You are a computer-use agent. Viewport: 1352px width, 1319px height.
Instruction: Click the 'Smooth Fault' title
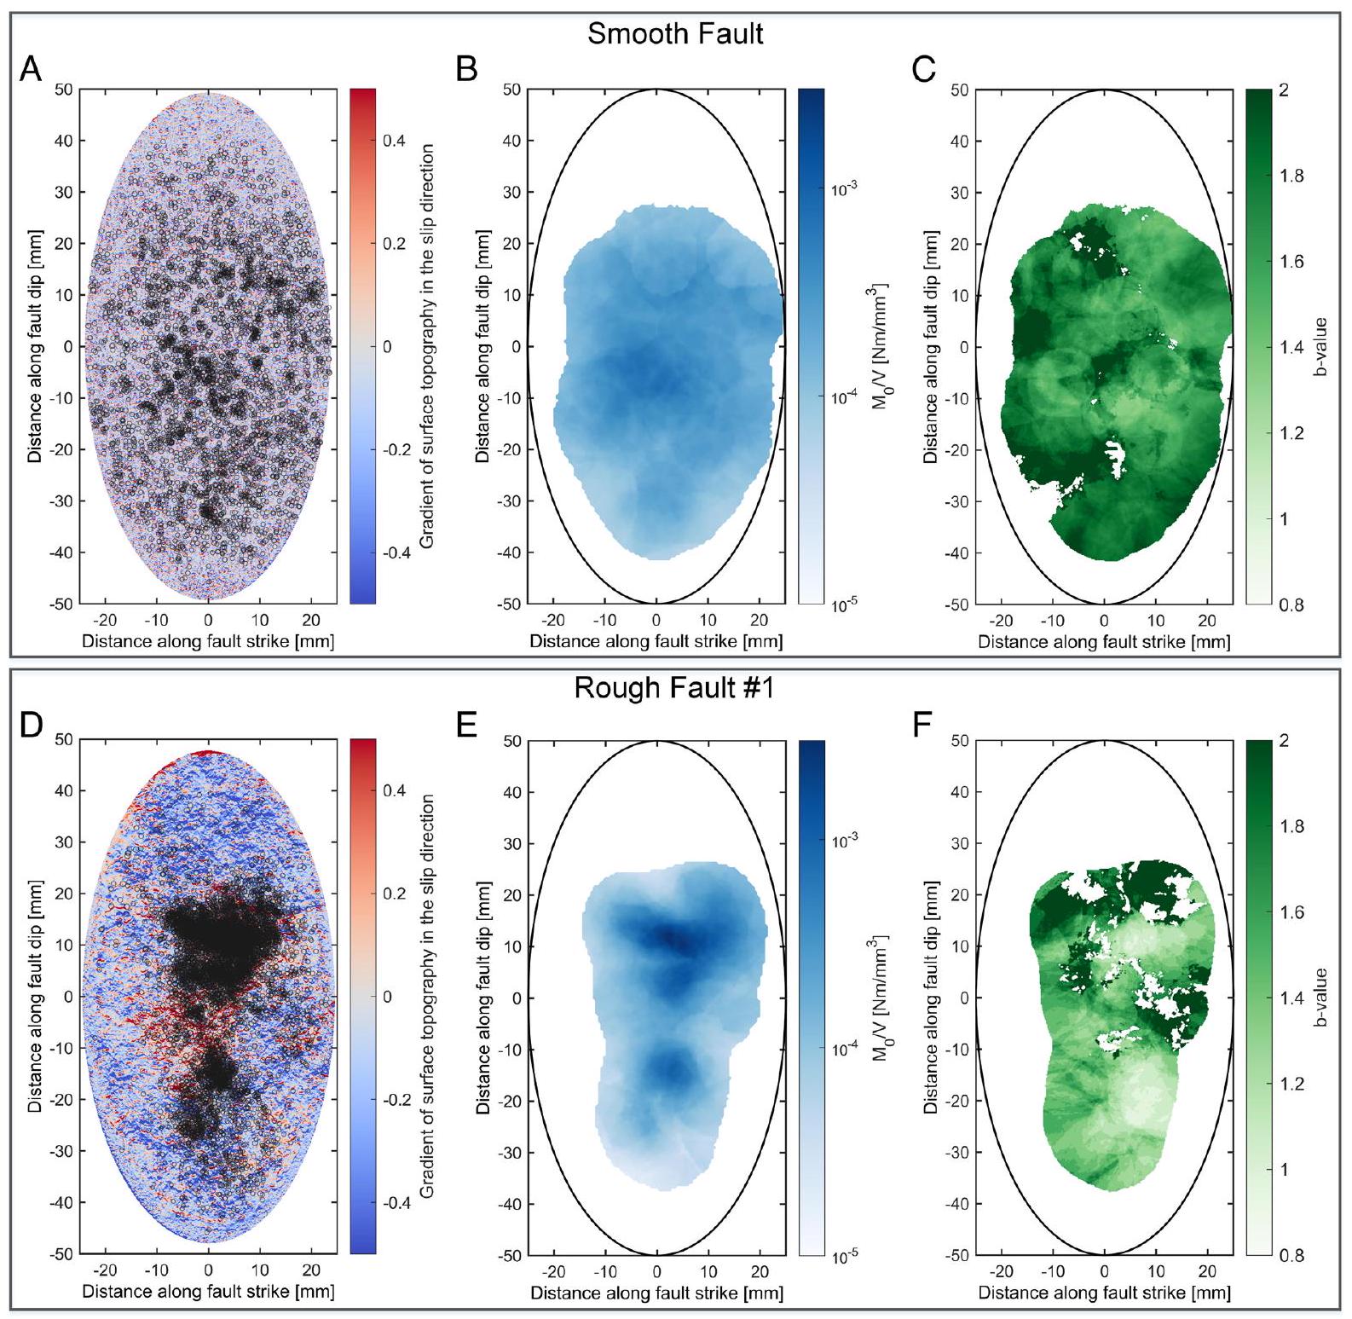pos(675,34)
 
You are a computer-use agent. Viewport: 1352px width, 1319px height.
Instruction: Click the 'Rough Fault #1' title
pos(674,687)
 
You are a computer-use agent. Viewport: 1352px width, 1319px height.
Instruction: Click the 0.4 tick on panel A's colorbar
pos(394,141)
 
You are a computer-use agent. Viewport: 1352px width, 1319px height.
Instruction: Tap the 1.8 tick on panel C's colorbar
pos(1291,176)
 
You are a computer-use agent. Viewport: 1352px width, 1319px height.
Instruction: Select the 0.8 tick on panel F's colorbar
pos(1291,1255)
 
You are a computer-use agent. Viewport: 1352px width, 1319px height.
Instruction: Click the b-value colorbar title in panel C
pos(1320,346)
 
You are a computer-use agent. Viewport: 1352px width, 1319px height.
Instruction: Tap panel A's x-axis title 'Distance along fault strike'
pos(208,641)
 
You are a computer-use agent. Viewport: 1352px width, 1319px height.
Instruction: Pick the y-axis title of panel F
pos(930,998)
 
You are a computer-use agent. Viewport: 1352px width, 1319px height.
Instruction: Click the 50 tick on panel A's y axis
pos(64,90)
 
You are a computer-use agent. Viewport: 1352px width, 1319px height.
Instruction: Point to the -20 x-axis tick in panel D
pos(106,1270)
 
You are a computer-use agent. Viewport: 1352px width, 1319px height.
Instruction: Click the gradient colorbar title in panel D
pos(427,996)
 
